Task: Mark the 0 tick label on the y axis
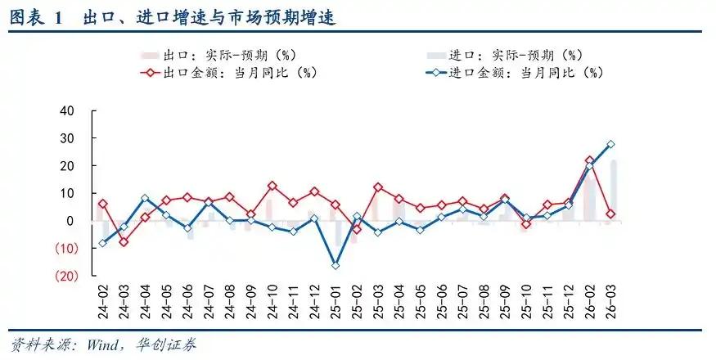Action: click(71, 221)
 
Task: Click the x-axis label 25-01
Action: click(335, 304)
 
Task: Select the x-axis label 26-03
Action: click(610, 304)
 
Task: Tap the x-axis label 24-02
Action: click(102, 304)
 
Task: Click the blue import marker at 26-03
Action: click(610, 144)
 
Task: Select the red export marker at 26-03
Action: click(610, 214)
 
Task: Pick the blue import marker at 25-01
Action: click(335, 265)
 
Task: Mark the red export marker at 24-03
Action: click(124, 241)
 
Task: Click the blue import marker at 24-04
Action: click(145, 198)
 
